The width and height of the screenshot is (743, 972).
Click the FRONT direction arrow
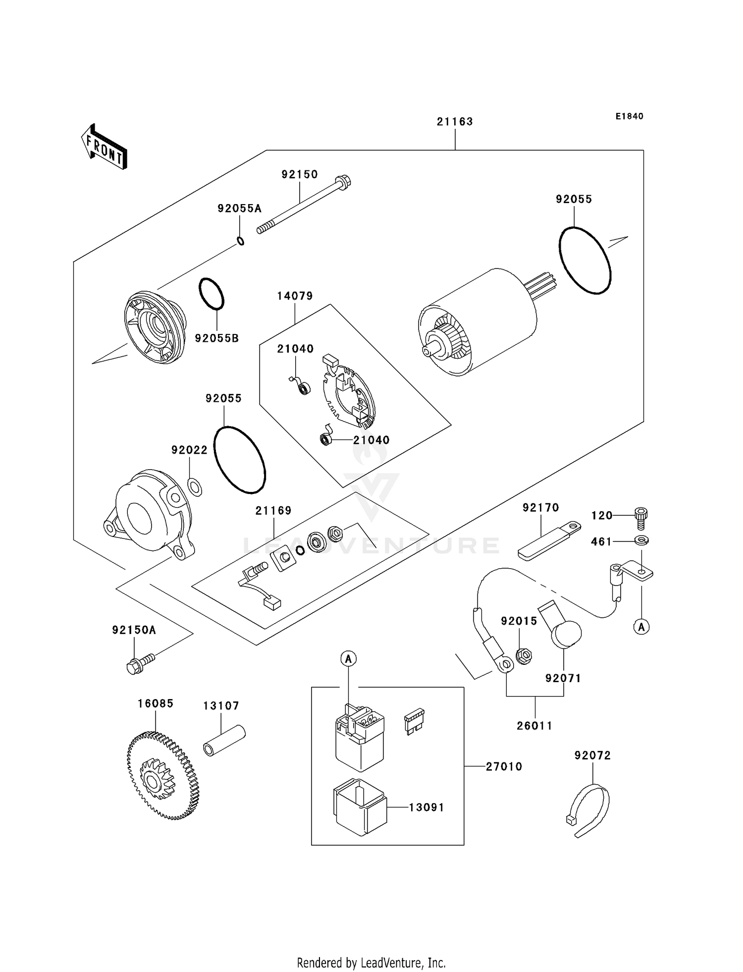104,147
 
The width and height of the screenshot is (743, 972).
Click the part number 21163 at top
454,121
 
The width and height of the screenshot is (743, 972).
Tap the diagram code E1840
629,116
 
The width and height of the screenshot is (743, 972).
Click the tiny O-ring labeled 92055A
240,241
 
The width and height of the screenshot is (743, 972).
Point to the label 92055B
216,338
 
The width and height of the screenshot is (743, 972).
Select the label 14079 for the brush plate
295,296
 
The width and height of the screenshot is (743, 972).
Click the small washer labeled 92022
195,487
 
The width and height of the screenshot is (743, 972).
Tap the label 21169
273,510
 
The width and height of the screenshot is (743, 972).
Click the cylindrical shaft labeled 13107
224,741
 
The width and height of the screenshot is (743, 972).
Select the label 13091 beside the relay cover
426,808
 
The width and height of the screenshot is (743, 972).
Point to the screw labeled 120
641,516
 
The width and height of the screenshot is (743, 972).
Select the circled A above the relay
348,659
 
